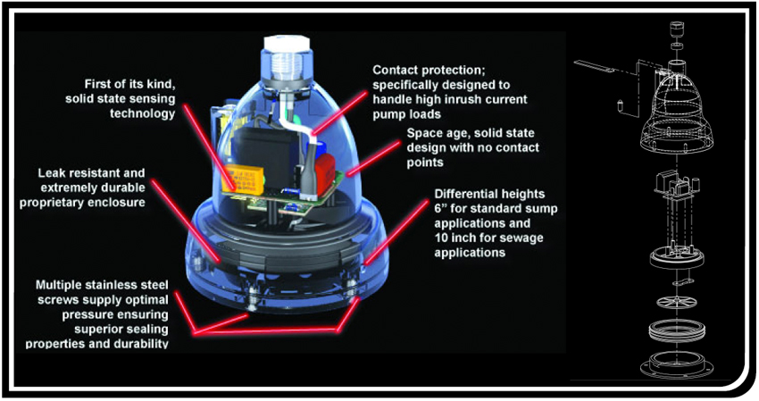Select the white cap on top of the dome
pyautogui.click(x=286, y=46)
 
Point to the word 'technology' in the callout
pyautogui.click(x=142, y=113)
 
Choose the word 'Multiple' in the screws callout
pyautogui.click(x=63, y=285)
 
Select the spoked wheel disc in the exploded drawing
pyautogui.click(x=676, y=302)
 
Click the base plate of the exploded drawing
pyautogui.click(x=676, y=363)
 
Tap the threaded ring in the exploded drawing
pyautogui.click(x=676, y=330)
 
